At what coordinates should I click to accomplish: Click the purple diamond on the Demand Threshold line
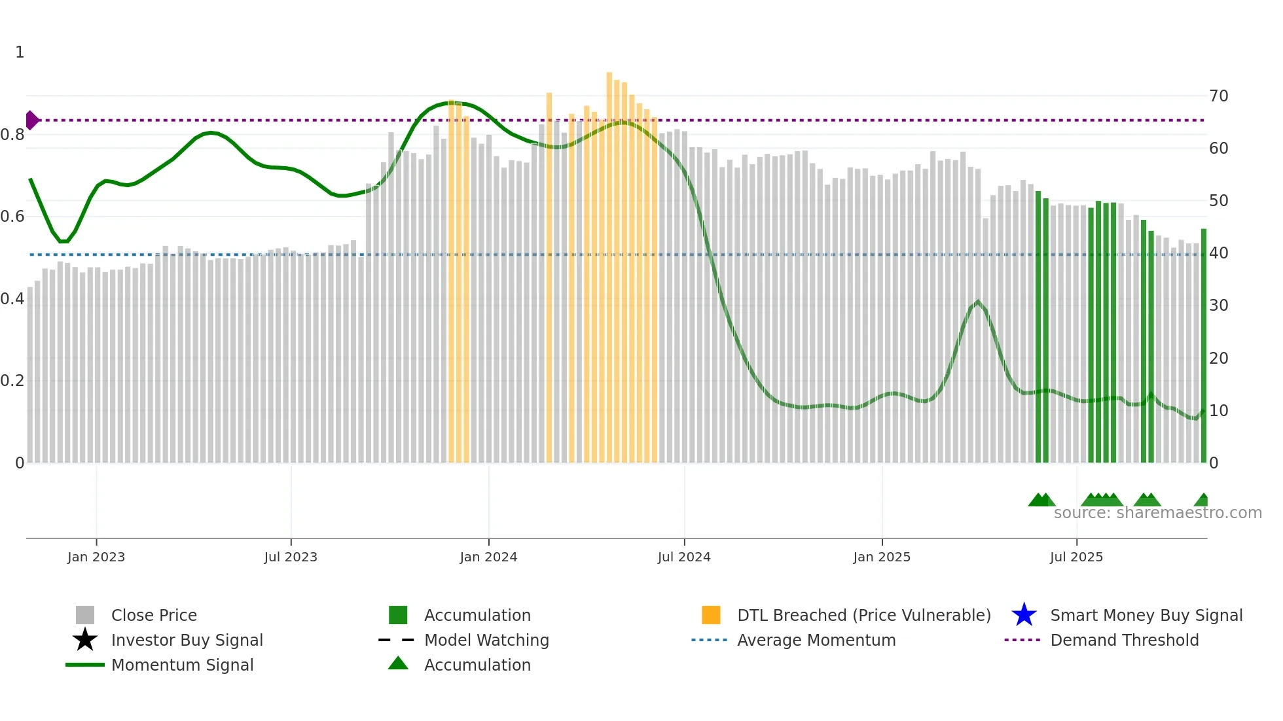point(31,120)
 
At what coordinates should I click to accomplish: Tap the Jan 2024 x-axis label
point(488,557)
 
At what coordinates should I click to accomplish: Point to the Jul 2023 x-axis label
point(291,557)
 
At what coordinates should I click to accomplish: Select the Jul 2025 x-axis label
point(1076,557)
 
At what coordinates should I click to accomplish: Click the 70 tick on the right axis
point(1218,96)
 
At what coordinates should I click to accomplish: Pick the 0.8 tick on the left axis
point(12,135)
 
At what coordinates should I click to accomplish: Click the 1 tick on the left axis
point(20,52)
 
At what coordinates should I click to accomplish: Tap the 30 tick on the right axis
point(1218,306)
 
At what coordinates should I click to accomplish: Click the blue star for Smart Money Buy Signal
point(1024,615)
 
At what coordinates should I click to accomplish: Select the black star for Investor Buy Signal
point(85,640)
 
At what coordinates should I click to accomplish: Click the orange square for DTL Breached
point(711,615)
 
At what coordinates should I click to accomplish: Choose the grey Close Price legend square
point(85,615)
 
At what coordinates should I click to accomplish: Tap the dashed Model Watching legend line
point(397,640)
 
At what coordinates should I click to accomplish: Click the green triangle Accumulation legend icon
point(398,663)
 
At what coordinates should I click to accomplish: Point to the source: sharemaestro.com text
point(1157,513)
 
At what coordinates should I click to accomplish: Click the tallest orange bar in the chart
point(609,262)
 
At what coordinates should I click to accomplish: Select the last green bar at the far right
point(1203,347)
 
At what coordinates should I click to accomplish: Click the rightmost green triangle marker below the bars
point(1202,501)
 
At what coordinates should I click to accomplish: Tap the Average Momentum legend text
point(816,640)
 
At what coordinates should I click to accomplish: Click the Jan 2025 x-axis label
point(882,557)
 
